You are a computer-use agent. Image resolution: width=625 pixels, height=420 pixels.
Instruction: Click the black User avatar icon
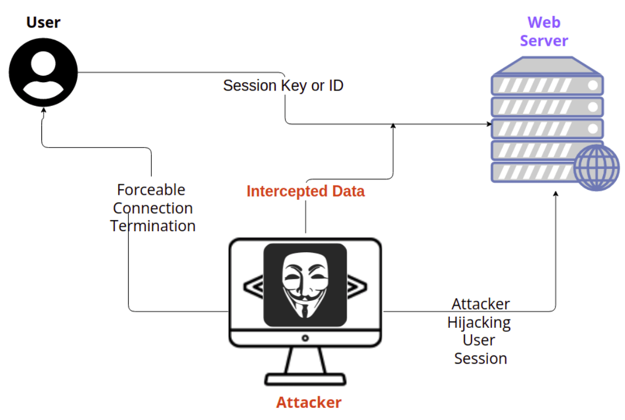[x=43, y=72]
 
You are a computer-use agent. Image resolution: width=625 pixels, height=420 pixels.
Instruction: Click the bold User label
[x=43, y=23]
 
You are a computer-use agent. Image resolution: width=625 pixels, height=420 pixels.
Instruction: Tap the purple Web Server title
[x=544, y=31]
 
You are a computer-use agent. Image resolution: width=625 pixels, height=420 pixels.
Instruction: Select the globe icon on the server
[x=596, y=168]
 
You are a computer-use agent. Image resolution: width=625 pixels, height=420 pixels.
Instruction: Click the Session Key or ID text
[x=283, y=86]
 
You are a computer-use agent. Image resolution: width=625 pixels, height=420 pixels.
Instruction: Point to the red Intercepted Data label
[x=305, y=192]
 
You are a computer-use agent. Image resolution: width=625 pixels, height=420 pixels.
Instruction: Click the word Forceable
[x=151, y=190]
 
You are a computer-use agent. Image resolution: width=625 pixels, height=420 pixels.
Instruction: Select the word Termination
[x=152, y=226]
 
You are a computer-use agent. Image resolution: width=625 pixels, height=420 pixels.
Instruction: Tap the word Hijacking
[x=479, y=322]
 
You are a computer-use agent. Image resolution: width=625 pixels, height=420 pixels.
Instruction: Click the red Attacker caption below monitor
[x=309, y=402]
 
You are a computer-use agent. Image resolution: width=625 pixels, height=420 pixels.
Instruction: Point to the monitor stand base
[x=305, y=379]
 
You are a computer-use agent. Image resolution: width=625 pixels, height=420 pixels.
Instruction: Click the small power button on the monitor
[x=305, y=338]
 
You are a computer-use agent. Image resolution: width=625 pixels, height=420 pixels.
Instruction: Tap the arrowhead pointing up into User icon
[x=43, y=110]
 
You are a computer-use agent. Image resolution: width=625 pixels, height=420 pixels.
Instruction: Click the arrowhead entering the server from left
[x=488, y=124]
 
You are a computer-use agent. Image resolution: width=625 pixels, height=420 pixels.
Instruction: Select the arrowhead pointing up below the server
[x=555, y=195]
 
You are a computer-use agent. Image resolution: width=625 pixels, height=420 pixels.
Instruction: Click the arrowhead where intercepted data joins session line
[x=393, y=126]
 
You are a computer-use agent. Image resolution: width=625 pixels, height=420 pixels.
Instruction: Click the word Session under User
[x=480, y=358]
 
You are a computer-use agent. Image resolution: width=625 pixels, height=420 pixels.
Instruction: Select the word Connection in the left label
[x=153, y=208]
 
